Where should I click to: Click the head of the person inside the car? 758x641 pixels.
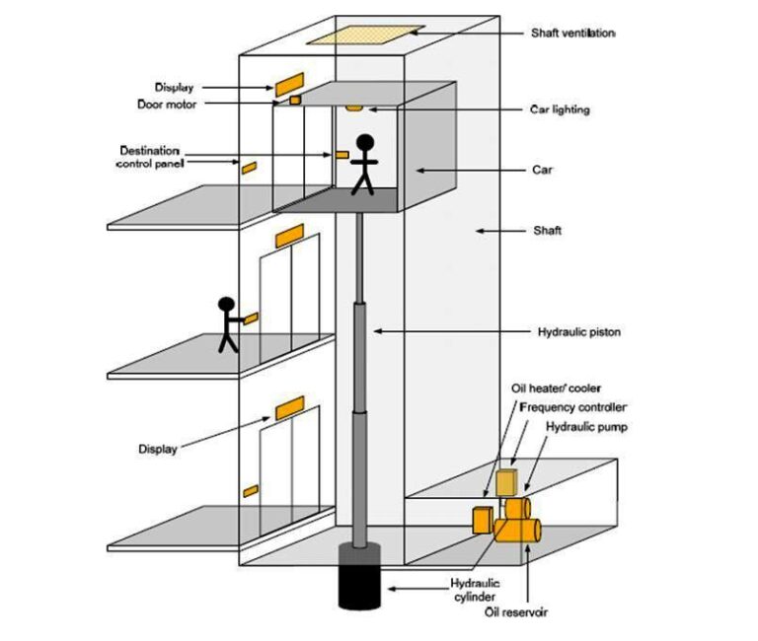pos(365,143)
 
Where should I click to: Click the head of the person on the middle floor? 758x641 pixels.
pos(227,306)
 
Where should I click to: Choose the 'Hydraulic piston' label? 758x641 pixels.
pos(578,331)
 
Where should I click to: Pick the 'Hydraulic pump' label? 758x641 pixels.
pos(585,426)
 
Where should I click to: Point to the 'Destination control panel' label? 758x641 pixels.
pos(149,156)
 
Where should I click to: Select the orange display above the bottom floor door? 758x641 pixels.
pos(289,407)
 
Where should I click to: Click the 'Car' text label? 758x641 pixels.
pos(542,170)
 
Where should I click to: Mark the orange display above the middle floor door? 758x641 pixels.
pos(289,235)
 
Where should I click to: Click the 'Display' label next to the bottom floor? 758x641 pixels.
pos(158,450)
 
